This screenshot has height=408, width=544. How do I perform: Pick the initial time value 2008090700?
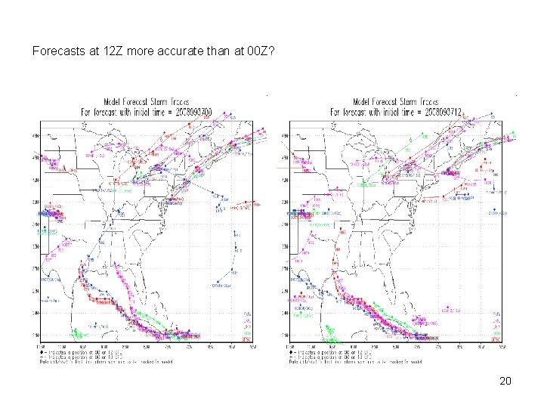pyautogui.click(x=193, y=112)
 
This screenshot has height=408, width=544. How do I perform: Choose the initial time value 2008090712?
pyautogui.click(x=441, y=112)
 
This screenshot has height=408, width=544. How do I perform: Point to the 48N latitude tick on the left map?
pyautogui.click(x=36, y=136)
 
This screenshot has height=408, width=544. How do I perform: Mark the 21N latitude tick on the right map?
pyautogui.click(x=283, y=335)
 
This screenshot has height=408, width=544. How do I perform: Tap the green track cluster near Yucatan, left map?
pyautogui.click(x=78, y=332)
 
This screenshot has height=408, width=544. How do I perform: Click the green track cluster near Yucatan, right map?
pyautogui.click(x=330, y=331)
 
